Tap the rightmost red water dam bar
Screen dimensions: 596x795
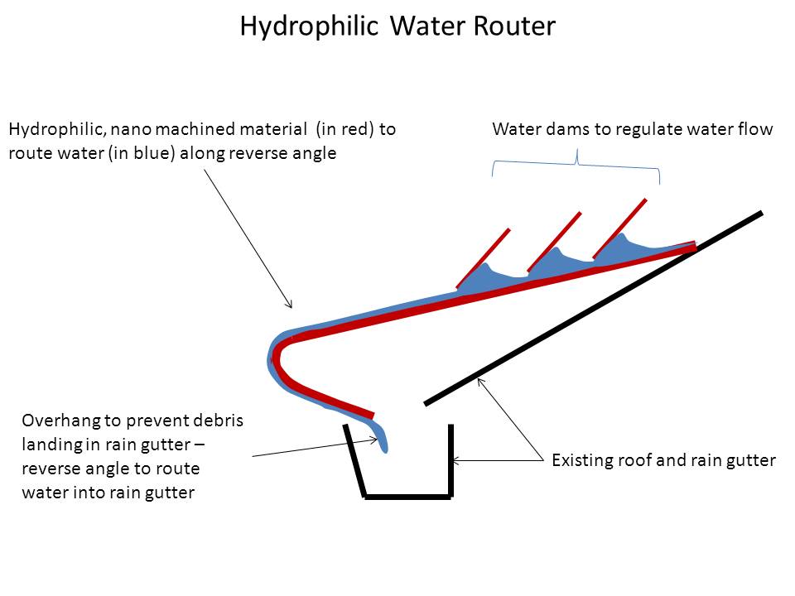pos(620,227)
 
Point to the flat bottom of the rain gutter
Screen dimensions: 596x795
pos(407,497)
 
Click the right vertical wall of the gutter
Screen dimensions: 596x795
pos(451,459)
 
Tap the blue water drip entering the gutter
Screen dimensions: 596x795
pos(384,439)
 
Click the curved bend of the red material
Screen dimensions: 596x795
pos(276,358)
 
